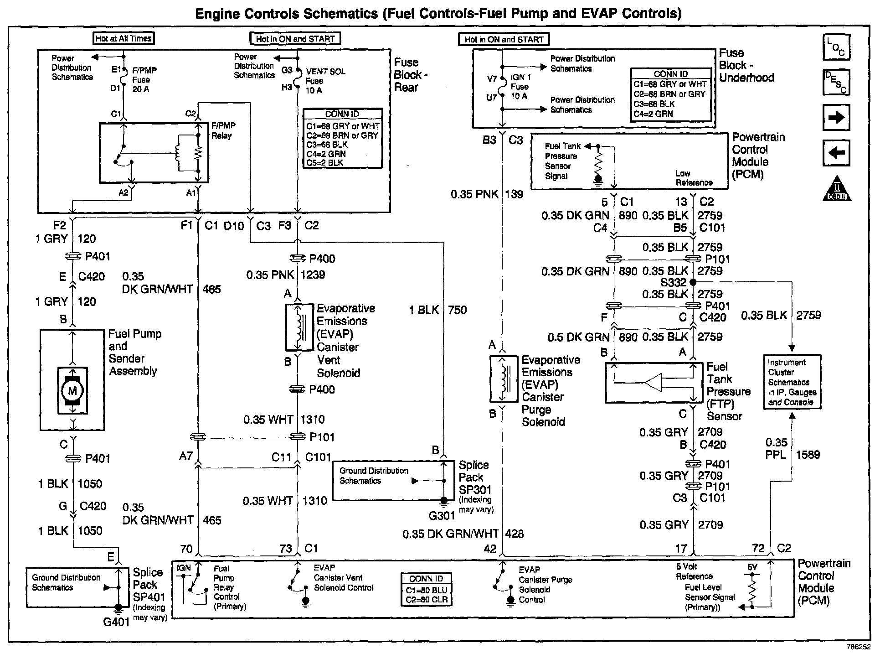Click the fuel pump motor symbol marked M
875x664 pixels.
point(72,390)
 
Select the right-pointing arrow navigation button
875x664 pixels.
point(836,118)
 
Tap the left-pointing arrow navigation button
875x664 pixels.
point(836,153)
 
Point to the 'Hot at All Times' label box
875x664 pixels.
point(123,38)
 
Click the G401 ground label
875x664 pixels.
point(117,622)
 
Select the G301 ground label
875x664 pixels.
point(442,516)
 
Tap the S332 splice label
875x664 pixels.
point(674,283)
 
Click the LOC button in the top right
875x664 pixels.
point(836,47)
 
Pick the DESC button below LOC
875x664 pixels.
point(836,83)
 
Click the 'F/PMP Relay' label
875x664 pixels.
point(223,130)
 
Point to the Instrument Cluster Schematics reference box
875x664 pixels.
point(792,382)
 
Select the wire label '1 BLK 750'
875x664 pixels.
point(437,310)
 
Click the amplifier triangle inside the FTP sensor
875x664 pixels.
point(654,382)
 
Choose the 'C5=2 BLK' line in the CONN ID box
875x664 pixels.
point(324,163)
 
